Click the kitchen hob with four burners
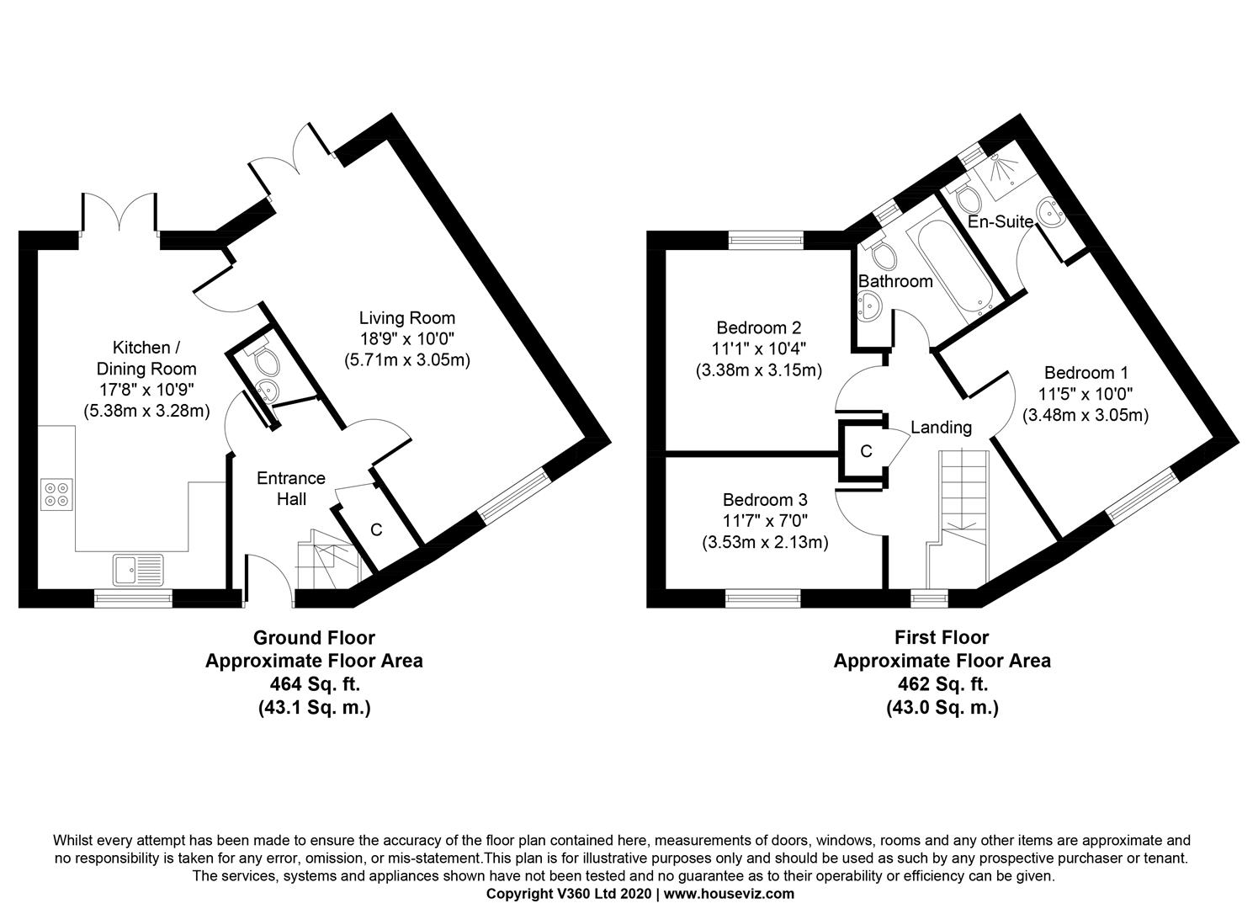click(56, 494)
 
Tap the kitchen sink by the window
click(138, 570)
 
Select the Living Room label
click(407, 318)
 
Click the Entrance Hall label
click(291, 488)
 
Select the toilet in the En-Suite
click(966, 195)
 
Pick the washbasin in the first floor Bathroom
click(868, 306)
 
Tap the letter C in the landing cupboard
click(866, 451)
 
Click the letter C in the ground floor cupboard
click(376, 529)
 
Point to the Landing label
click(942, 428)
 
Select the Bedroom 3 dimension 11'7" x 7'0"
click(765, 521)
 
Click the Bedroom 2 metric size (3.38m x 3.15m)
click(759, 371)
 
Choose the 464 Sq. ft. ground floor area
click(315, 683)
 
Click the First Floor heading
click(942, 637)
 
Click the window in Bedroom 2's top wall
click(766, 240)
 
